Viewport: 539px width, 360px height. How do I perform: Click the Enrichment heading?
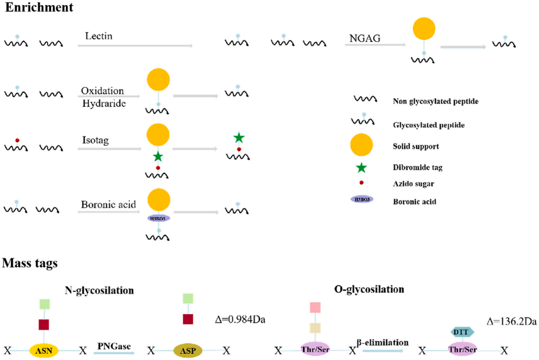[39, 7]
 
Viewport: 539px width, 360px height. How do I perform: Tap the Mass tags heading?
[30, 263]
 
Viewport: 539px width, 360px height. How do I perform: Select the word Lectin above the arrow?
[99, 36]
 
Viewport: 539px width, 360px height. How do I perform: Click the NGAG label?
[365, 38]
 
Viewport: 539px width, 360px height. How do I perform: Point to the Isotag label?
[96, 140]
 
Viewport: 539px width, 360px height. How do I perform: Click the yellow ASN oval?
[44, 350]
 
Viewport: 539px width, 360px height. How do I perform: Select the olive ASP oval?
[188, 350]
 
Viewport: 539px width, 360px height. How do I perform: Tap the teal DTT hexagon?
[462, 332]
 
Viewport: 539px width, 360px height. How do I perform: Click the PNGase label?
[114, 346]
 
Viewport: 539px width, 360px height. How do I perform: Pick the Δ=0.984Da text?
[240, 320]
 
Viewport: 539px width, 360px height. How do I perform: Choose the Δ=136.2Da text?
[511, 321]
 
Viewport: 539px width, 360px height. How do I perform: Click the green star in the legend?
[361, 168]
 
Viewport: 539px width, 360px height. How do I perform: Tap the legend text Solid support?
[416, 146]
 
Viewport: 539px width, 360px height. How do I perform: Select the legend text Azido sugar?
[413, 184]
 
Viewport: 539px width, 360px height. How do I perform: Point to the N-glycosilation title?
[99, 290]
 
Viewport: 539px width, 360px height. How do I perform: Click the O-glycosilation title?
[369, 289]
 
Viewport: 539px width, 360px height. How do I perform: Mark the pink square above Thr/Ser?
[315, 307]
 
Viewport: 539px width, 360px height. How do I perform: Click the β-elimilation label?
[383, 342]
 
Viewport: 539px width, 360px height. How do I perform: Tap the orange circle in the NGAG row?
[424, 28]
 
